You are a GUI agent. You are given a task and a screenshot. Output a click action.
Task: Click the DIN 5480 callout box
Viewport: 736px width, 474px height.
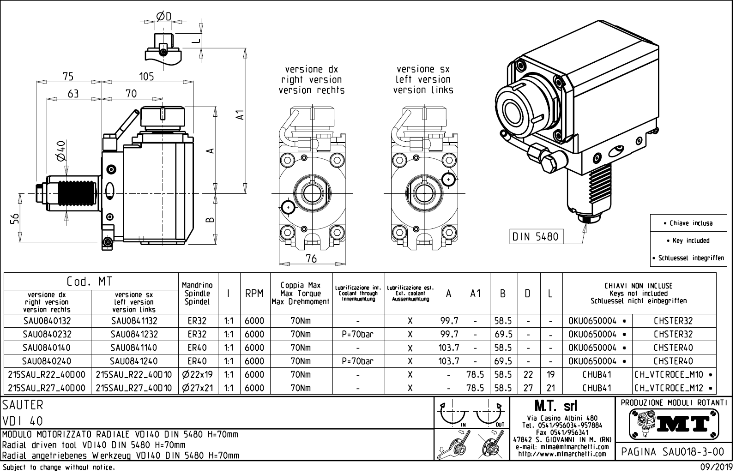(535, 237)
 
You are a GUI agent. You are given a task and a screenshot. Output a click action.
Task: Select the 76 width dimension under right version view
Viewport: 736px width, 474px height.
(312, 258)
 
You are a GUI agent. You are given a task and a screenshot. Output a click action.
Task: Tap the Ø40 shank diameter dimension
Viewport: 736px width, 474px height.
(60, 151)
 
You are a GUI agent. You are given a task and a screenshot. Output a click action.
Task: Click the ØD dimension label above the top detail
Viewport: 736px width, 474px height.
(164, 17)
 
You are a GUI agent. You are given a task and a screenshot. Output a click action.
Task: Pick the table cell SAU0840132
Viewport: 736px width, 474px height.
(47, 321)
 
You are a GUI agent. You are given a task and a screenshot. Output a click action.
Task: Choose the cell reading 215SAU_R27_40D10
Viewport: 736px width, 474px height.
(134, 388)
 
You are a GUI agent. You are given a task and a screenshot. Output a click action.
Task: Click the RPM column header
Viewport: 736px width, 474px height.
(254, 294)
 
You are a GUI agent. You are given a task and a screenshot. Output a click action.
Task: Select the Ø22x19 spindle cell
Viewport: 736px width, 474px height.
(198, 375)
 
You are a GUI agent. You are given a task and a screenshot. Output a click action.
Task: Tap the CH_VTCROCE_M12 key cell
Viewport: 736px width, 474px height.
(674, 388)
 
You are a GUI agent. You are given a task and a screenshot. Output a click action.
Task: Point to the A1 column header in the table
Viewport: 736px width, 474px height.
(476, 294)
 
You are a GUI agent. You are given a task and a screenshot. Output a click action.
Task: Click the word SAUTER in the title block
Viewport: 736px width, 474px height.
(23, 405)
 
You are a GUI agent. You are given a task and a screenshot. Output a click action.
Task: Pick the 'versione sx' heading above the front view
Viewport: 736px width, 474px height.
(422, 69)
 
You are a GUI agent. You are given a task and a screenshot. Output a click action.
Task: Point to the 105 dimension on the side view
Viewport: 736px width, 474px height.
(146, 77)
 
